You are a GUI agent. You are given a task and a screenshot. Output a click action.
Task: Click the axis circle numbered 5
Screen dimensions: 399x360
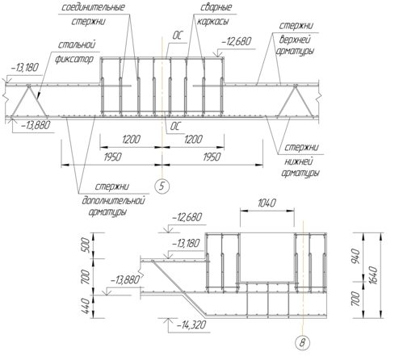pos(162,186)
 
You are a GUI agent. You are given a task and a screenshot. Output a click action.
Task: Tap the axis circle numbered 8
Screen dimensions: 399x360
pos(303,343)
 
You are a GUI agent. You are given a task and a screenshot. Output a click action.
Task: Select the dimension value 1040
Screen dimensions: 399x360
pos(267,203)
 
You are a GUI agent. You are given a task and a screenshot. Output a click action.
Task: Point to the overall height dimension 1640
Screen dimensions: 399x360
pos(374,275)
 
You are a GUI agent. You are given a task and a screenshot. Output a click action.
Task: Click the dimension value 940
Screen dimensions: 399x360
pos(356,256)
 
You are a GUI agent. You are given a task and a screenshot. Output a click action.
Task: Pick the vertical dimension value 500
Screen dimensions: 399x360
pos(85,245)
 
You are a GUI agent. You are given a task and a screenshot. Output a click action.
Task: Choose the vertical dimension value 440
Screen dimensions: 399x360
pos(85,306)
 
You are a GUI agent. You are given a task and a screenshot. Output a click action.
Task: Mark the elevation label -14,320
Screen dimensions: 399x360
pos(191,325)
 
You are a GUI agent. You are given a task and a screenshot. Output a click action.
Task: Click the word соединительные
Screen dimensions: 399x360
pos(93,7)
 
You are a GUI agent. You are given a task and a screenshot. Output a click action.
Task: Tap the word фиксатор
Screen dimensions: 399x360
pos(74,59)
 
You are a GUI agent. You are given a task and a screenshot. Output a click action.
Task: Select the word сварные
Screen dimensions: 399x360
pos(216,7)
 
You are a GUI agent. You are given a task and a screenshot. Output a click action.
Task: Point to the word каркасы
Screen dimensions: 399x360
pos(212,21)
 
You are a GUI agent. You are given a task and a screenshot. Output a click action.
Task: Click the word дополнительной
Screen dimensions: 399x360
pos(113,201)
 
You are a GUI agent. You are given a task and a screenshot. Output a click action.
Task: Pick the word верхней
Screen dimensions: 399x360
pos(295,40)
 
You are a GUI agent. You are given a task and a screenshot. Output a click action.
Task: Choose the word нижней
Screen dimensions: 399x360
pos(299,161)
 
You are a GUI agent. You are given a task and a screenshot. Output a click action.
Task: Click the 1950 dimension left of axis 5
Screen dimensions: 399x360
pos(112,157)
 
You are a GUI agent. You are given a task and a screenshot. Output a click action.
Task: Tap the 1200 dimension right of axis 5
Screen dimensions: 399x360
pos(193,140)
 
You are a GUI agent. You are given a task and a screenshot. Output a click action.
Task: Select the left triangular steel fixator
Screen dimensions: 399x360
pos(29,101)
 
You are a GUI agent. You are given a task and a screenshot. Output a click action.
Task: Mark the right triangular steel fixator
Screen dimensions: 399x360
pos(296,101)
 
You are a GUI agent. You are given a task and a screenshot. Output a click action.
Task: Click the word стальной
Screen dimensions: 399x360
pos(77,45)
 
